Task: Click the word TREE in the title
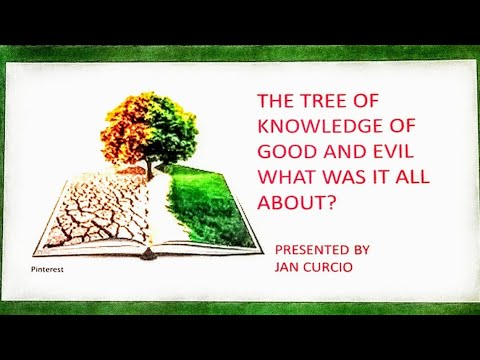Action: [x=325, y=101]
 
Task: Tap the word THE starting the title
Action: [x=275, y=101]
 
